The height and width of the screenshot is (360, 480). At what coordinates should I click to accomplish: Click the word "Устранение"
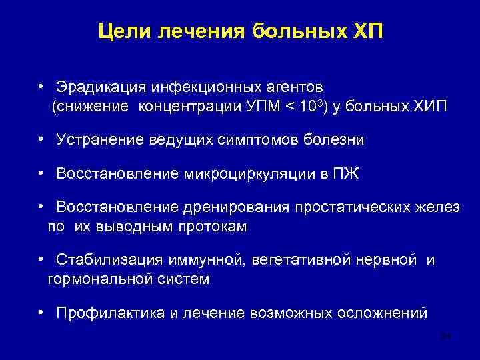[x=99, y=140]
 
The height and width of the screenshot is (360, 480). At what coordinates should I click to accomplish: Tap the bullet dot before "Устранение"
[x=41, y=139]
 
